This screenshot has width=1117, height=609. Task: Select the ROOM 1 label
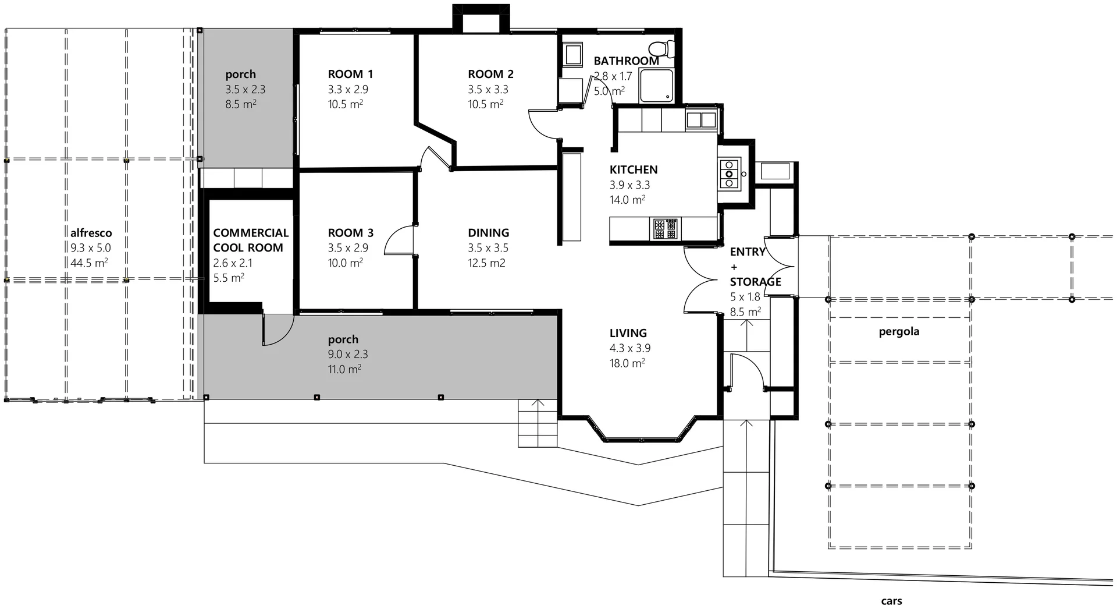click(x=350, y=74)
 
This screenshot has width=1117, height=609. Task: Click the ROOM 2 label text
click(x=490, y=74)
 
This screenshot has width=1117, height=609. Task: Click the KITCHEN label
click(x=633, y=169)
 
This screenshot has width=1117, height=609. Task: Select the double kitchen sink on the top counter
click(x=700, y=120)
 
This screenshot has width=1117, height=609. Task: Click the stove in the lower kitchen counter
click(x=665, y=228)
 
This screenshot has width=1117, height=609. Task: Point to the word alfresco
click(x=91, y=233)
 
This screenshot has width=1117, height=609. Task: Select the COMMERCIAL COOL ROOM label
click(x=250, y=240)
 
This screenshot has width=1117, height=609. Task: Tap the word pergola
click(x=898, y=332)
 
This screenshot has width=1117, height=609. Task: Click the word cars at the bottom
click(x=891, y=601)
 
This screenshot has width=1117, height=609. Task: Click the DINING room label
click(x=488, y=233)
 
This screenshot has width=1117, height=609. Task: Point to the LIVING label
click(x=628, y=333)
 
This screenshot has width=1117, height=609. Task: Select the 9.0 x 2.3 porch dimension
click(x=347, y=354)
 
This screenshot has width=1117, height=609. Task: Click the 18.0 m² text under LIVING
click(x=627, y=363)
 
